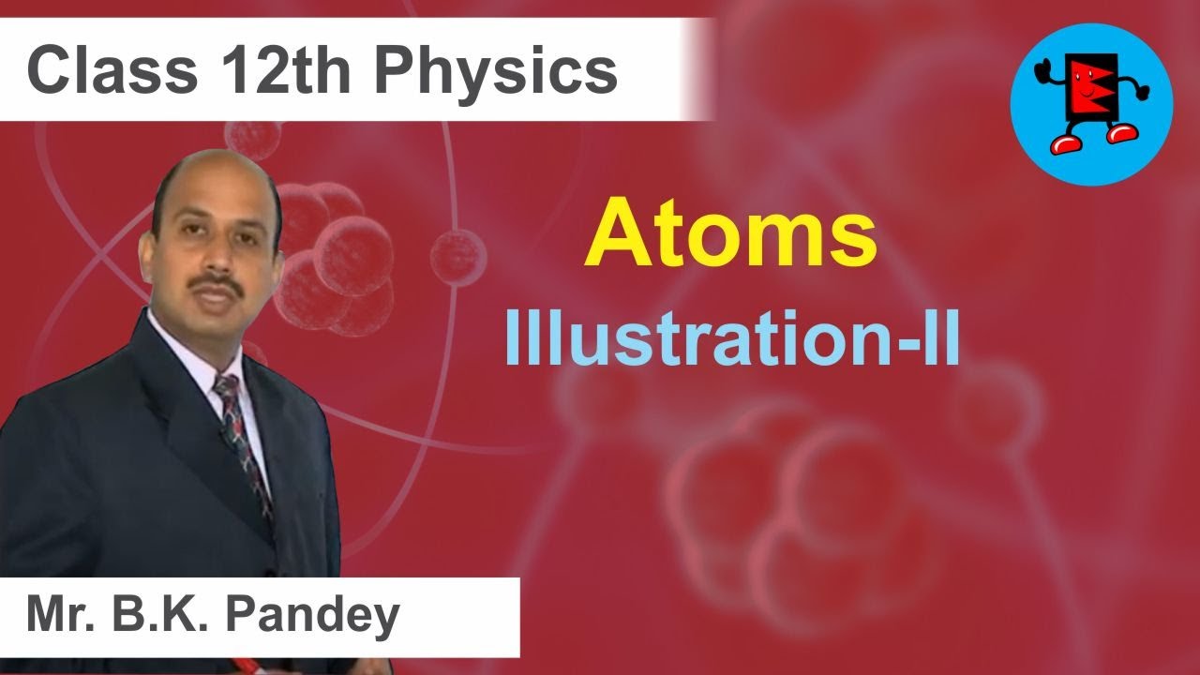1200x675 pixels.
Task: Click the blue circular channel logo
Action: click(1091, 103)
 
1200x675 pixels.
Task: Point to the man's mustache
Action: click(217, 282)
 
